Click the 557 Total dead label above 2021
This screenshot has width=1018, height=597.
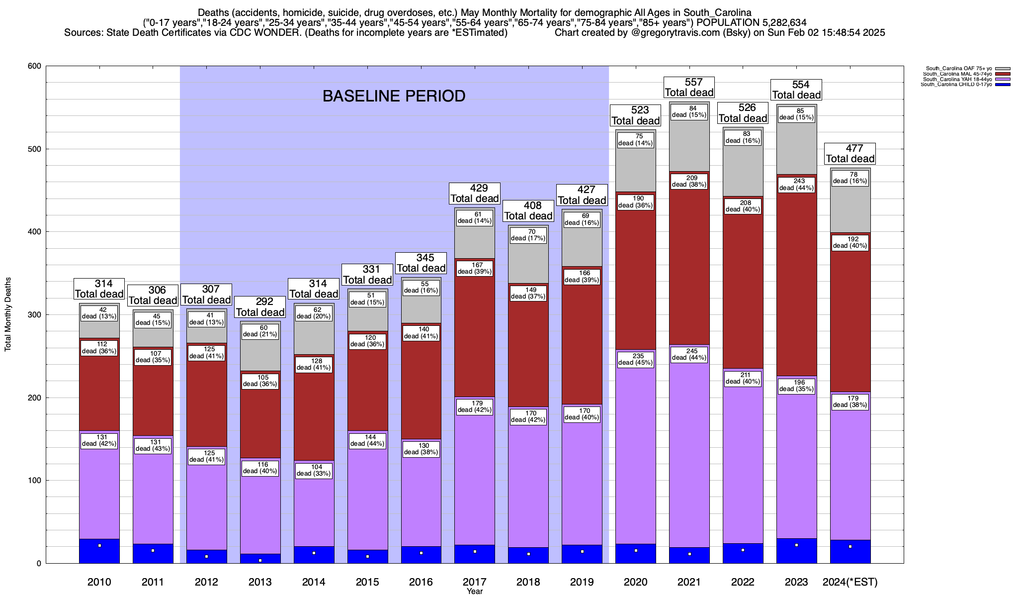pos(689,87)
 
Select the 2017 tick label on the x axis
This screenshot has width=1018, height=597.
pos(475,582)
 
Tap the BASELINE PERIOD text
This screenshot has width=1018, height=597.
pos(394,96)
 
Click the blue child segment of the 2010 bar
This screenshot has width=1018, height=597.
pos(99,551)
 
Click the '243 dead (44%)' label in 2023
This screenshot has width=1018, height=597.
pos(796,185)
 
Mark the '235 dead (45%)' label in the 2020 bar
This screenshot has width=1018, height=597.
pos(636,359)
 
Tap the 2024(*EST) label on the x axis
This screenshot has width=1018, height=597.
pos(850,582)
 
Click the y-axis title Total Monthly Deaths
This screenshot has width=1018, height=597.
pos(8,314)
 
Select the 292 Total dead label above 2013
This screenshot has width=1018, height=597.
pos(260,307)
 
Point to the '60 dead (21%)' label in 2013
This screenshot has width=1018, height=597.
pos(260,331)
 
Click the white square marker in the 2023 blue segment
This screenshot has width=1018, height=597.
pos(796,545)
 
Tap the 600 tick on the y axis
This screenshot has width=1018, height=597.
pos(34,66)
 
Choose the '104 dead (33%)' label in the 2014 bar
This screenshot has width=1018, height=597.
pos(314,470)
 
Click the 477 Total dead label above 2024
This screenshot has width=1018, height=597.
pos(850,153)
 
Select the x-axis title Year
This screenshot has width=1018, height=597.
pos(475,591)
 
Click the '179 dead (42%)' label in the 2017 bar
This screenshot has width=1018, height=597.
pos(475,406)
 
